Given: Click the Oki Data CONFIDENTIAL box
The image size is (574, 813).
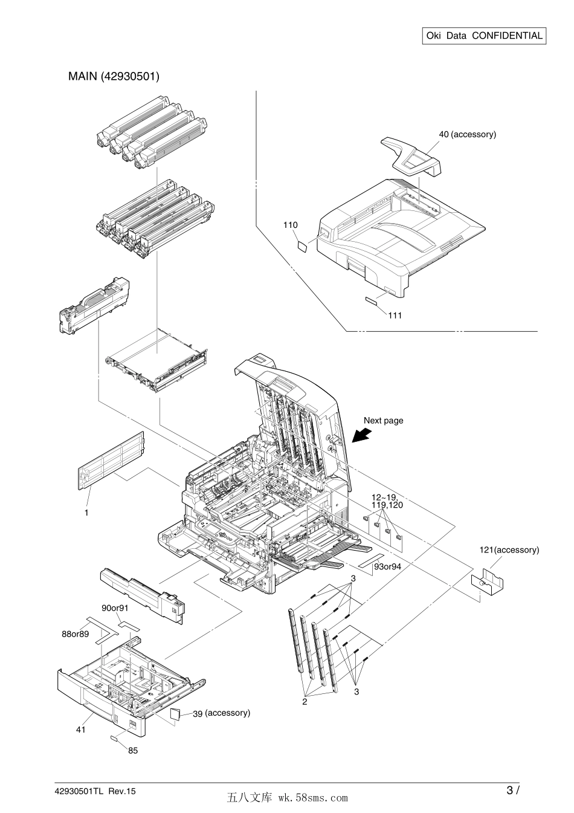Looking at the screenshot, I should [484, 36].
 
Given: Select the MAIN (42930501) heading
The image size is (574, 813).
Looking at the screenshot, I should [114, 77].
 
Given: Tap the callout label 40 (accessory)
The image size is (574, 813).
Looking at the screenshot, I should [467, 134].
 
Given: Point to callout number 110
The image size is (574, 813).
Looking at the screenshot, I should [291, 225].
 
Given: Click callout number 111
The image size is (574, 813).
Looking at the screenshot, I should [395, 315].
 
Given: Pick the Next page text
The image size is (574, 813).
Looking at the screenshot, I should [383, 420].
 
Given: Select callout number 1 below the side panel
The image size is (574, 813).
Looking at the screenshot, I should [86, 512].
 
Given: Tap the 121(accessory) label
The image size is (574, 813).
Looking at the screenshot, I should [509, 549].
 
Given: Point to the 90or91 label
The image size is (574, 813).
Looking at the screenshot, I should [115, 607].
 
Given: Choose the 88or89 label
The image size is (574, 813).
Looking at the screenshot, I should [76, 633].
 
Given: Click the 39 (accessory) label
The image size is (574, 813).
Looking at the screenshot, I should [221, 713].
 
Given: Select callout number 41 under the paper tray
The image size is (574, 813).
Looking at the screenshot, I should [81, 730].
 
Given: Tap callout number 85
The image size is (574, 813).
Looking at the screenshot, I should [133, 751].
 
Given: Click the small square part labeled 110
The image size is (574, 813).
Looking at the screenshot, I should [303, 245].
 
